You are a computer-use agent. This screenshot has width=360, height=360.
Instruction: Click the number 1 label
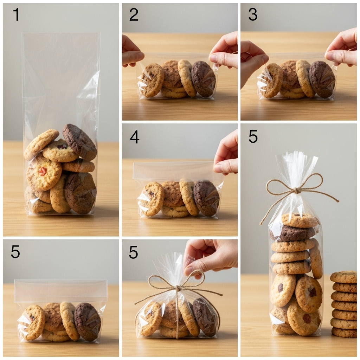coord(16,14)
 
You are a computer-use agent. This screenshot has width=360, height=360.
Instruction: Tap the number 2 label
coord(134,14)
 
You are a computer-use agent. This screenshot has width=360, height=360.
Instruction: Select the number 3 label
coord(253,14)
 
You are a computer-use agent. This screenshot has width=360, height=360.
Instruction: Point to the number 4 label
coord(135,137)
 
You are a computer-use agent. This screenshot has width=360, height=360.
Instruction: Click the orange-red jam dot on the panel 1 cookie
coord(43,171)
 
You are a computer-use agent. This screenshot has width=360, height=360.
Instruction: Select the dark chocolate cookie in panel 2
coord(204,79)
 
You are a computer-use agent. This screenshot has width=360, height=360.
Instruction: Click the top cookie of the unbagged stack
coord(343,277)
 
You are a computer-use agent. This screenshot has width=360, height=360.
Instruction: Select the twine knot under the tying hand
coord(177,288)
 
